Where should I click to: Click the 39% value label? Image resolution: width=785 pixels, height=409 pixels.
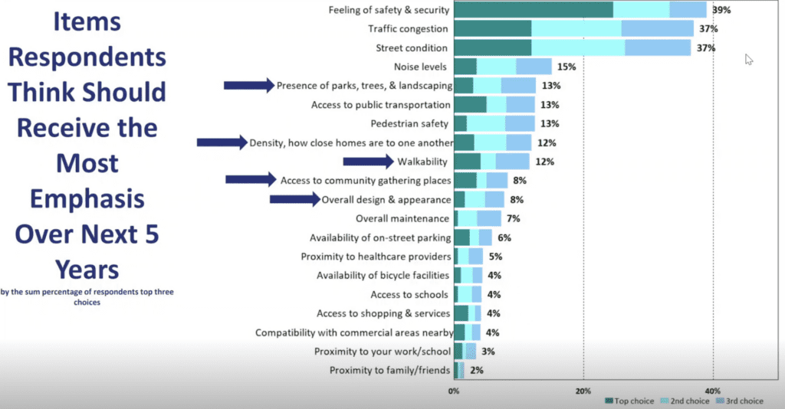pos(720,10)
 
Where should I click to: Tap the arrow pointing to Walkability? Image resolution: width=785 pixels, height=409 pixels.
pos(368,161)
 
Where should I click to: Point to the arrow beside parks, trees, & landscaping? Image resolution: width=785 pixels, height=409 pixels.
pos(248,86)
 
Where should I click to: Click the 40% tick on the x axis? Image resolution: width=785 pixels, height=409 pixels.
pos(713,390)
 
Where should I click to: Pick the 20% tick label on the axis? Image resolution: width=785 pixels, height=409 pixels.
pos(583,390)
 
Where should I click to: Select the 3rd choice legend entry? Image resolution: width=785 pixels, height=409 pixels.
pos(740,401)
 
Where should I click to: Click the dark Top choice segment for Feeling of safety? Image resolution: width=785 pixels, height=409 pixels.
pos(534,10)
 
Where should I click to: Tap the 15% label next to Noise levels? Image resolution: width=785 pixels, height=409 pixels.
pos(565,67)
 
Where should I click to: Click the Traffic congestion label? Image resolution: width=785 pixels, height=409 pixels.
pos(408,29)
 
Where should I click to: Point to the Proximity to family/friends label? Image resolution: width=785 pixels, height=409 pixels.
pos(389,371)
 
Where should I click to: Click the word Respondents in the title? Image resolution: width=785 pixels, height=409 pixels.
pos(87,57)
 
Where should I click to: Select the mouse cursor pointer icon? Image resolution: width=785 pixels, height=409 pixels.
pos(749,60)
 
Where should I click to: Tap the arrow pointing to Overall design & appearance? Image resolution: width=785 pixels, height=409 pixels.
pos(294,199)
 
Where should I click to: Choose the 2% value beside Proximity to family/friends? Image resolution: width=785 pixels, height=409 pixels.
pos(476,371)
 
